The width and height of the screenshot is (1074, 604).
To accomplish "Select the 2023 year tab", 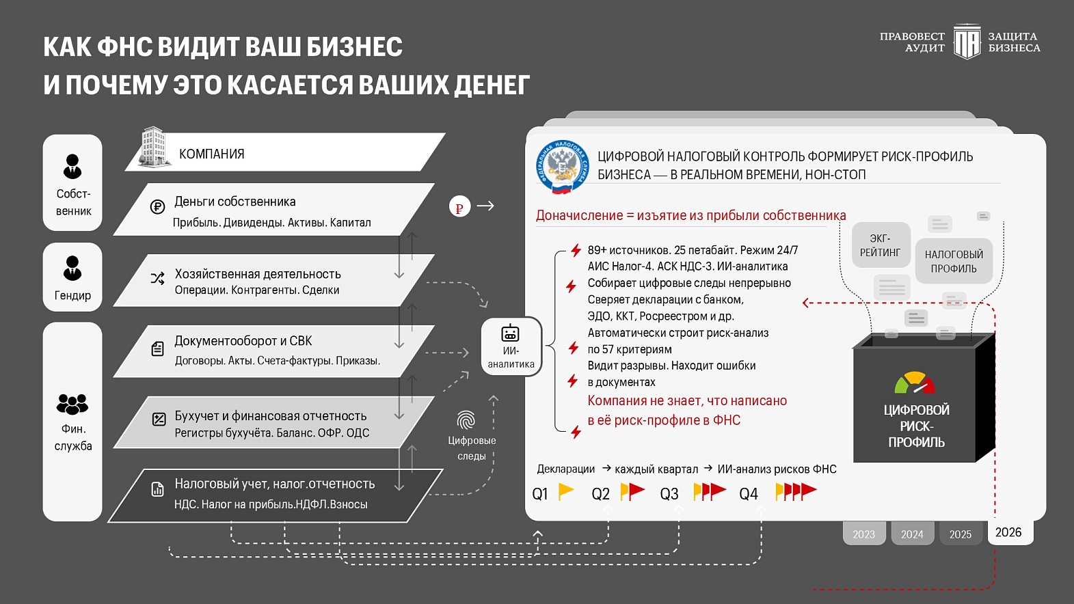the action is coord(864,534).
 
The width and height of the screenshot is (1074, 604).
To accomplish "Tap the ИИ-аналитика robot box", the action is coord(511,346).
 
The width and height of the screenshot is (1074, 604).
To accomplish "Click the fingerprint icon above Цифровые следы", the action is coord(466,420).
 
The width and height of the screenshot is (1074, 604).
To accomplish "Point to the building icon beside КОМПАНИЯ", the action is coord(154,147).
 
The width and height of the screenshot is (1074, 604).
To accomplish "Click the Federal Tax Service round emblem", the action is coord(562,166).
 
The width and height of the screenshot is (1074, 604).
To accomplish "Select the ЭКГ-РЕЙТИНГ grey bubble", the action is coord(881,245).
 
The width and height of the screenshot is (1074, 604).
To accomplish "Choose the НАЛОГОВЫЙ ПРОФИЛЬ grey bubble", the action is coord(954,261).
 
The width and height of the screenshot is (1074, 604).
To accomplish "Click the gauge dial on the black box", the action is coord(915,383).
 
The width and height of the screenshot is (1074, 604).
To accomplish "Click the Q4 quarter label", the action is coord(749,494).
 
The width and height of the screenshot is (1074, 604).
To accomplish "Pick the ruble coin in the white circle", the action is coord(459,206).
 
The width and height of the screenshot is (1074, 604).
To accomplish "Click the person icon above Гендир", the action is coord(72,267).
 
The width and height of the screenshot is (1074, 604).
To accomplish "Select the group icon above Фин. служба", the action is coord(72,404).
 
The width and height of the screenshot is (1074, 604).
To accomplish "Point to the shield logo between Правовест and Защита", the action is coord(967,42).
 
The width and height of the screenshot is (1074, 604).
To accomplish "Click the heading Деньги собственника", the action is coord(235,202).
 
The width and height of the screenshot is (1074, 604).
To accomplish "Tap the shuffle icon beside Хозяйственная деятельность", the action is coord(157,278).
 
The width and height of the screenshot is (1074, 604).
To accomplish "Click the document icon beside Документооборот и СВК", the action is coord(157,349).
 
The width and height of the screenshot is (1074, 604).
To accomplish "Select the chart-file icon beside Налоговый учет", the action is coord(157,489).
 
